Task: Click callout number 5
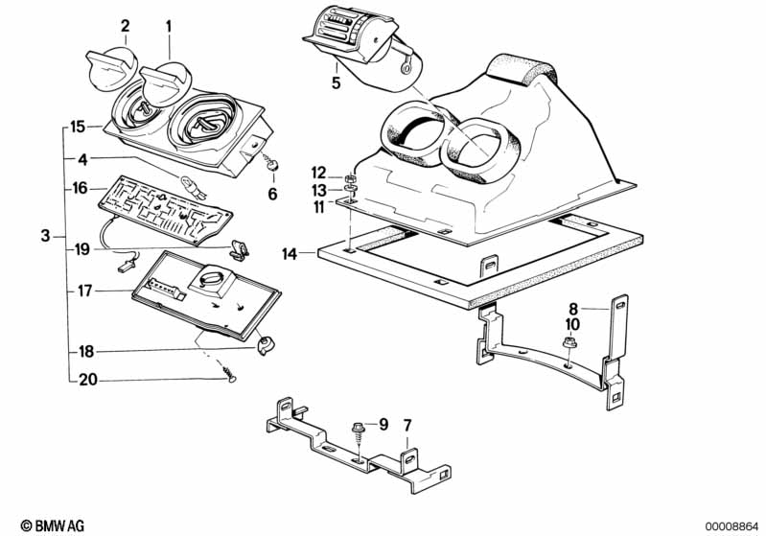point(336,82)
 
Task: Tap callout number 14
point(289,254)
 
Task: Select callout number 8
point(574,309)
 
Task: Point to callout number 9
point(383,423)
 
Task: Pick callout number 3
point(45,236)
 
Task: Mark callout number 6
point(272,194)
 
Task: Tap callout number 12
point(319,172)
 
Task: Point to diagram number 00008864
point(732,525)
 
